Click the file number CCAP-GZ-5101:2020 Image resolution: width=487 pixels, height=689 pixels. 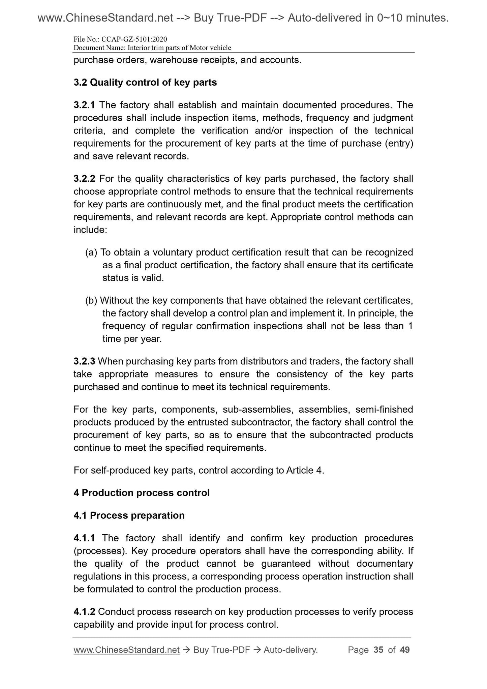pyautogui.click(x=134, y=39)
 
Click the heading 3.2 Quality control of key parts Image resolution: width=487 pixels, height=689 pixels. pyautogui.click(x=145, y=82)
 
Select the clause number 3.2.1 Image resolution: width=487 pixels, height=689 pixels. pyautogui.click(x=84, y=105)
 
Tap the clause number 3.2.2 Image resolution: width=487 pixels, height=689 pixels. pyautogui.click(x=84, y=179)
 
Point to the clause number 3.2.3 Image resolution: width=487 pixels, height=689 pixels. pyautogui.click(x=84, y=361)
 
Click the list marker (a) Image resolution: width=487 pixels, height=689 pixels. pyautogui.click(x=91, y=252)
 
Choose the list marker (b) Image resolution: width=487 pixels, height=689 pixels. pyautogui.click(x=91, y=300)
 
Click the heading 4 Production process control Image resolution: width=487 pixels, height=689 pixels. pyautogui.click(x=142, y=493)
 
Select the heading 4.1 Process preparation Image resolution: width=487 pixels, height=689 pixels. pyautogui.click(x=129, y=515)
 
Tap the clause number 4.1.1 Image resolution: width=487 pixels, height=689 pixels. pyautogui.click(x=84, y=538)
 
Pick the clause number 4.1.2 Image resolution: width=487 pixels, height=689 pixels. pyautogui.click(x=84, y=612)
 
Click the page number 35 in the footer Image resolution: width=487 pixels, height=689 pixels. pyautogui.click(x=378, y=650)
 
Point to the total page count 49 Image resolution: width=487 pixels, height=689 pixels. pyautogui.click(x=404, y=650)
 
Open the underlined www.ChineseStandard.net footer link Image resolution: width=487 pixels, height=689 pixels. pyautogui.click(x=126, y=650)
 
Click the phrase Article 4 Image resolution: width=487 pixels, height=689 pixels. pyautogui.click(x=304, y=470)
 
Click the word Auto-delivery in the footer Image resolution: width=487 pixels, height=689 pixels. pyautogui.click(x=291, y=650)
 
